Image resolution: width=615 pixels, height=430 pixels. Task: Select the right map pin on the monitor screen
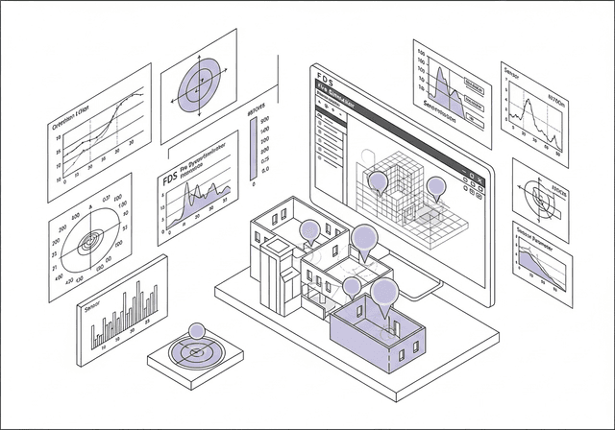(436, 186)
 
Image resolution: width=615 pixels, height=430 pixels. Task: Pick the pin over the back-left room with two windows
(309, 229)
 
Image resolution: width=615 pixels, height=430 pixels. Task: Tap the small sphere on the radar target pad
(197, 332)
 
